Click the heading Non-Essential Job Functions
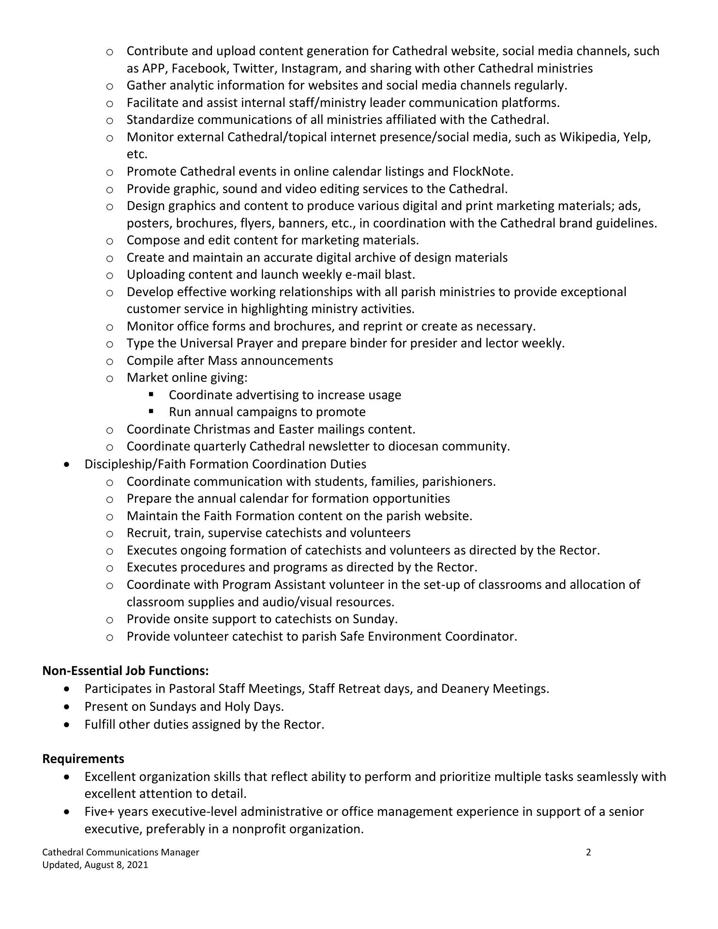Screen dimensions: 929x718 pyautogui.click(x=125, y=671)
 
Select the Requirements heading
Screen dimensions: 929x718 pyautogui.click(x=83, y=758)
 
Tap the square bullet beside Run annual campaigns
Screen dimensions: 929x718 pyautogui.click(x=151, y=411)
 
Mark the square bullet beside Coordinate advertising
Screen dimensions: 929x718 pyautogui.click(x=151, y=394)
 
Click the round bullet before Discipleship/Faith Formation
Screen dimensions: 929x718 pyautogui.click(x=67, y=464)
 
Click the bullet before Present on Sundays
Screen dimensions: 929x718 pyautogui.click(x=67, y=707)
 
